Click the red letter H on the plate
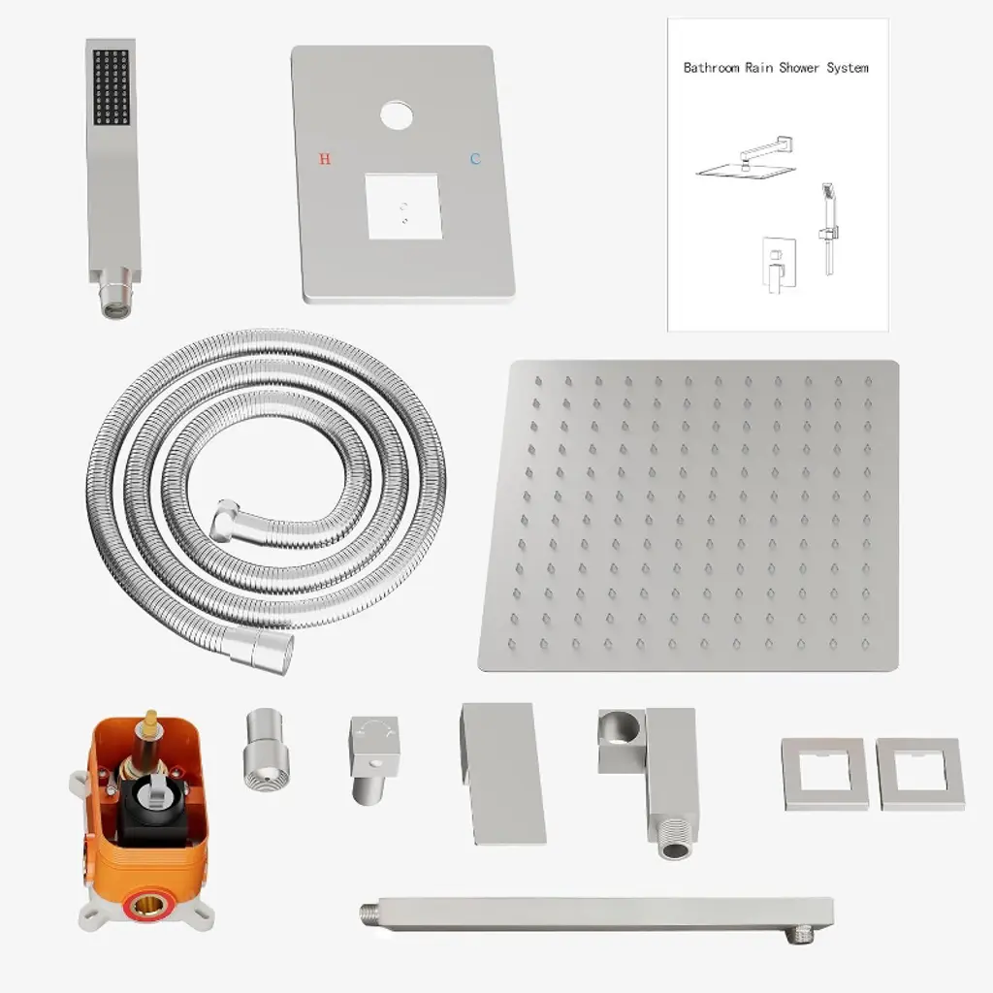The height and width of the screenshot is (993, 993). point(325,158)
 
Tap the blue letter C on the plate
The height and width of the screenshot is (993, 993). point(475,158)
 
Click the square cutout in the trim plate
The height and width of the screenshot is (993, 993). point(403,207)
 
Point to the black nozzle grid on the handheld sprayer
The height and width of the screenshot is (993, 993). point(112,86)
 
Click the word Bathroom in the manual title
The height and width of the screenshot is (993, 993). point(711,68)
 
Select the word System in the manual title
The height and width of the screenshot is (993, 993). point(848,68)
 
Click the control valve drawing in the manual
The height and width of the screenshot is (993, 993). point(779,266)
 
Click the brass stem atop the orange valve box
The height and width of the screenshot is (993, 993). point(150,722)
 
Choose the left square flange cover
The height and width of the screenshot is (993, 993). point(824,774)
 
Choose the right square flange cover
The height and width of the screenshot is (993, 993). point(920,774)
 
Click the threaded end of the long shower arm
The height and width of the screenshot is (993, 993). point(370,913)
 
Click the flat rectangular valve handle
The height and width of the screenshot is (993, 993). point(503,773)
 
